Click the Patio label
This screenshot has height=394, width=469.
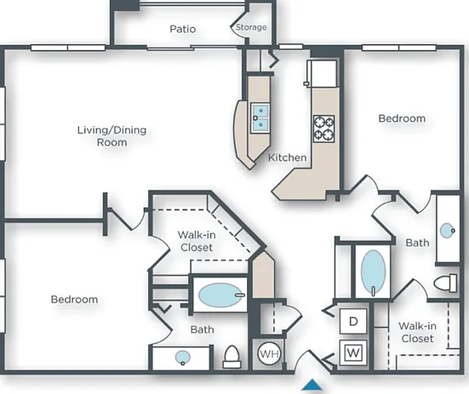(x=183, y=29)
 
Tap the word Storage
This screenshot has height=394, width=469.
(x=251, y=27)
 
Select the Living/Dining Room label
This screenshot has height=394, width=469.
(x=112, y=136)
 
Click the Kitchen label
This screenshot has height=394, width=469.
(x=287, y=157)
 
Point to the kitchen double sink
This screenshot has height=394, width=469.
(x=260, y=118)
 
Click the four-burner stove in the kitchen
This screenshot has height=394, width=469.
(x=324, y=128)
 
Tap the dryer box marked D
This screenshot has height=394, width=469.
(x=353, y=322)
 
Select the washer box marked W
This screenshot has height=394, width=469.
(x=353, y=352)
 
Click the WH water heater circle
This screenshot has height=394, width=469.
(x=269, y=354)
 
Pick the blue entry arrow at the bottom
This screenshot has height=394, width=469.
(x=312, y=385)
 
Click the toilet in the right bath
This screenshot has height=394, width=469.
(x=446, y=283)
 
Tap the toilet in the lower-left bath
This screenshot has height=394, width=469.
(x=232, y=357)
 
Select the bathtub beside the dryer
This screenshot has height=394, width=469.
(x=373, y=272)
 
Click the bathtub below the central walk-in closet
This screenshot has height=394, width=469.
(x=220, y=295)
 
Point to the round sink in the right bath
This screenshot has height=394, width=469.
(x=448, y=231)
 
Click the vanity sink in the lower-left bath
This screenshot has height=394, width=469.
(x=182, y=357)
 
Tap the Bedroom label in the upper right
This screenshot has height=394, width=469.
(x=402, y=118)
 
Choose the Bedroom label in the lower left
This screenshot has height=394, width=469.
(x=74, y=300)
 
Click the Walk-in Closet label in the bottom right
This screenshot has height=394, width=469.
(x=417, y=332)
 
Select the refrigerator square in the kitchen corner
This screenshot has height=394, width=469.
(x=322, y=73)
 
